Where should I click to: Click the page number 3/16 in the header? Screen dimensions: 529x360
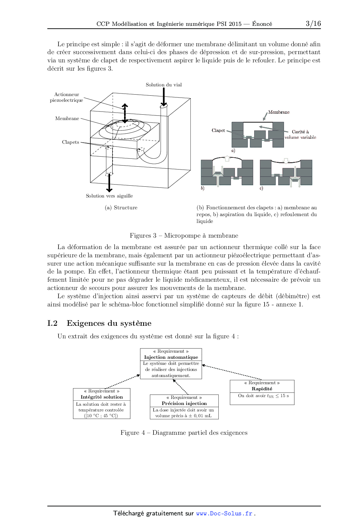pyautogui.click(x=313, y=23)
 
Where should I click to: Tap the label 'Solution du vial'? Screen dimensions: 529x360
pyautogui.click(x=164, y=85)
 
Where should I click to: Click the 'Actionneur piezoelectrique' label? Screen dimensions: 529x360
pyautogui.click(x=66, y=97)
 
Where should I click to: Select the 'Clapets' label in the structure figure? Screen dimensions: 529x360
pyautogui.click(x=70, y=142)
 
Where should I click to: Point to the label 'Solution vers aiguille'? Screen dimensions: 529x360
pyautogui.click(x=109, y=196)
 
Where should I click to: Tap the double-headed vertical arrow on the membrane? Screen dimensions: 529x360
pyautogui.click(x=125, y=113)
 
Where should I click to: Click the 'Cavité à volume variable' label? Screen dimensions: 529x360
pyautogui.click(x=300, y=134)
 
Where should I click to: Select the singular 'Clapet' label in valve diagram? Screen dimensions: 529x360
pyautogui.click(x=218, y=130)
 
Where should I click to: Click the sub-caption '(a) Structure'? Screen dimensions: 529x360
pyautogui.click(x=121, y=208)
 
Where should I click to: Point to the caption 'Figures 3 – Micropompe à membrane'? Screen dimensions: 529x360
pyautogui.click(x=184, y=235)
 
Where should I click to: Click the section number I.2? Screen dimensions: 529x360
pyautogui.click(x=52, y=323)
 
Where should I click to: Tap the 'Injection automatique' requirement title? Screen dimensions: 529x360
pyautogui.click(x=171, y=357)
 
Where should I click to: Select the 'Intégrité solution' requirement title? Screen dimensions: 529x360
pyautogui.click(x=102, y=397)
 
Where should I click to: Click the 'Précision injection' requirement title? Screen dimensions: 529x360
pyautogui.click(x=184, y=404)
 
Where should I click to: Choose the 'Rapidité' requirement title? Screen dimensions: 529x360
pyautogui.click(x=262, y=389)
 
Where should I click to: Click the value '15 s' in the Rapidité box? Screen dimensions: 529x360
pyautogui.click(x=285, y=396)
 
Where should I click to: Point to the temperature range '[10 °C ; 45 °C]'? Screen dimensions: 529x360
pyautogui.click(x=101, y=416)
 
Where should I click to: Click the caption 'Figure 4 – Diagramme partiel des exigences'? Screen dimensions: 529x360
pyautogui.click(x=184, y=433)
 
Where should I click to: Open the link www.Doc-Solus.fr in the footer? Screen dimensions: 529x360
pyautogui.click(x=224, y=514)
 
